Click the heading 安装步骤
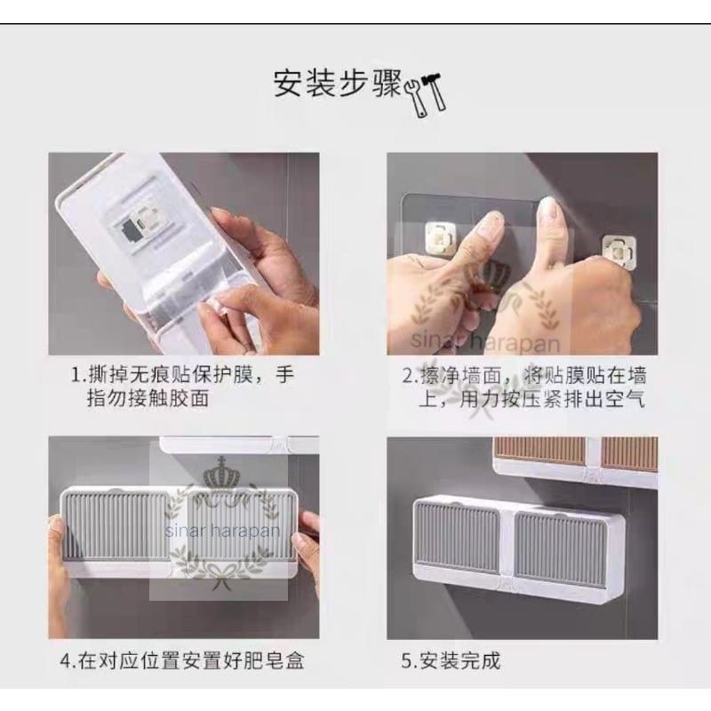(338, 84)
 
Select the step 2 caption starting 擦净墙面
(524, 387)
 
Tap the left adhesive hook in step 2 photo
(438, 236)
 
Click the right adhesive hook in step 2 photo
(619, 252)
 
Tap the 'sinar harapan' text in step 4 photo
(222, 530)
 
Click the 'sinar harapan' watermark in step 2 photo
(484, 341)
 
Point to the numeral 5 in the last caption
(406, 661)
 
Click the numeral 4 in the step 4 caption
(66, 661)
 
